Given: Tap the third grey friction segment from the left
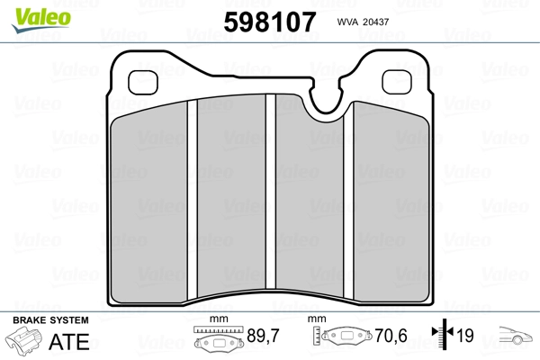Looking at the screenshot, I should tap(311, 202).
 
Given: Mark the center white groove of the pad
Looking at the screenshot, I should tap(271, 202).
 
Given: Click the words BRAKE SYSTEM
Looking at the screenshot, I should tap(49, 321).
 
